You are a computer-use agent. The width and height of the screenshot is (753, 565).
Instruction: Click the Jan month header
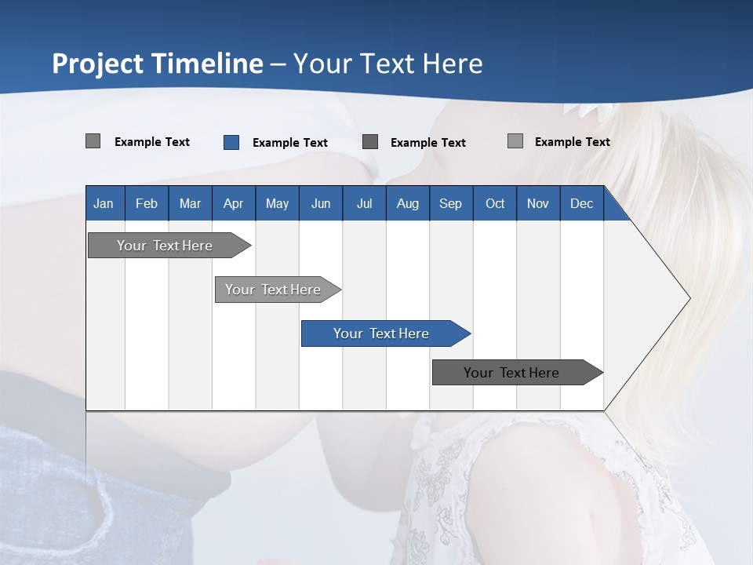pyautogui.click(x=104, y=203)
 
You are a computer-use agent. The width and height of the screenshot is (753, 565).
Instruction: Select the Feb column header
pyautogui.click(x=147, y=203)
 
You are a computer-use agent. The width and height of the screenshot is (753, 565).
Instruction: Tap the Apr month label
pyautogui.click(x=233, y=203)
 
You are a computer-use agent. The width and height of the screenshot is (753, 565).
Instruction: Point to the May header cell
pyautogui.click(x=277, y=203)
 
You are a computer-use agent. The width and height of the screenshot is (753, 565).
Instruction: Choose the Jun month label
pyautogui.click(x=321, y=203)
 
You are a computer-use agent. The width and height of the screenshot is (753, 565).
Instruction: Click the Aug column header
pyautogui.click(x=407, y=203)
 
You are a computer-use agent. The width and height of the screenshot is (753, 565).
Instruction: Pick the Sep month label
pyautogui.click(x=450, y=203)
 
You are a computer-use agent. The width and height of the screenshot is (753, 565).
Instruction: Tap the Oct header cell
pyautogui.click(x=495, y=203)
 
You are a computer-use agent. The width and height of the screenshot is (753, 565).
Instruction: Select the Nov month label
pyautogui.click(x=538, y=203)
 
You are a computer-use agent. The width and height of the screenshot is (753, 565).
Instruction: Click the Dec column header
pyautogui.click(x=581, y=203)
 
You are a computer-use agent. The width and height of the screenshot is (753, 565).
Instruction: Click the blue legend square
pyautogui.click(x=231, y=142)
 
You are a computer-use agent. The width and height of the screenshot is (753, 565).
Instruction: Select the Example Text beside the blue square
pyautogui.click(x=289, y=143)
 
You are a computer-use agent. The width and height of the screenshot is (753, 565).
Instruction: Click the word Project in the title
pyautogui.click(x=96, y=64)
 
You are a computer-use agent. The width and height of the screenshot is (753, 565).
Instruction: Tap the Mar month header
pyautogui.click(x=190, y=203)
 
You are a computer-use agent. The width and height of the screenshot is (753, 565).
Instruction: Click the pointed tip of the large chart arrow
pyautogui.click(x=688, y=298)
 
